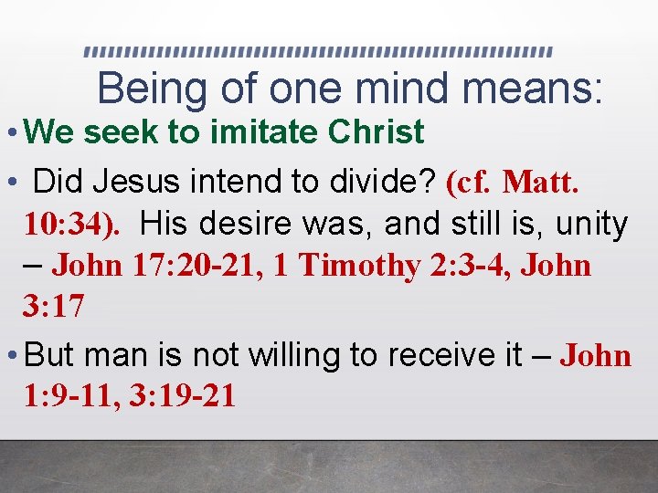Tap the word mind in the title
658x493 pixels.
coord(403,89)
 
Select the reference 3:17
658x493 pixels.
coord(53,308)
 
